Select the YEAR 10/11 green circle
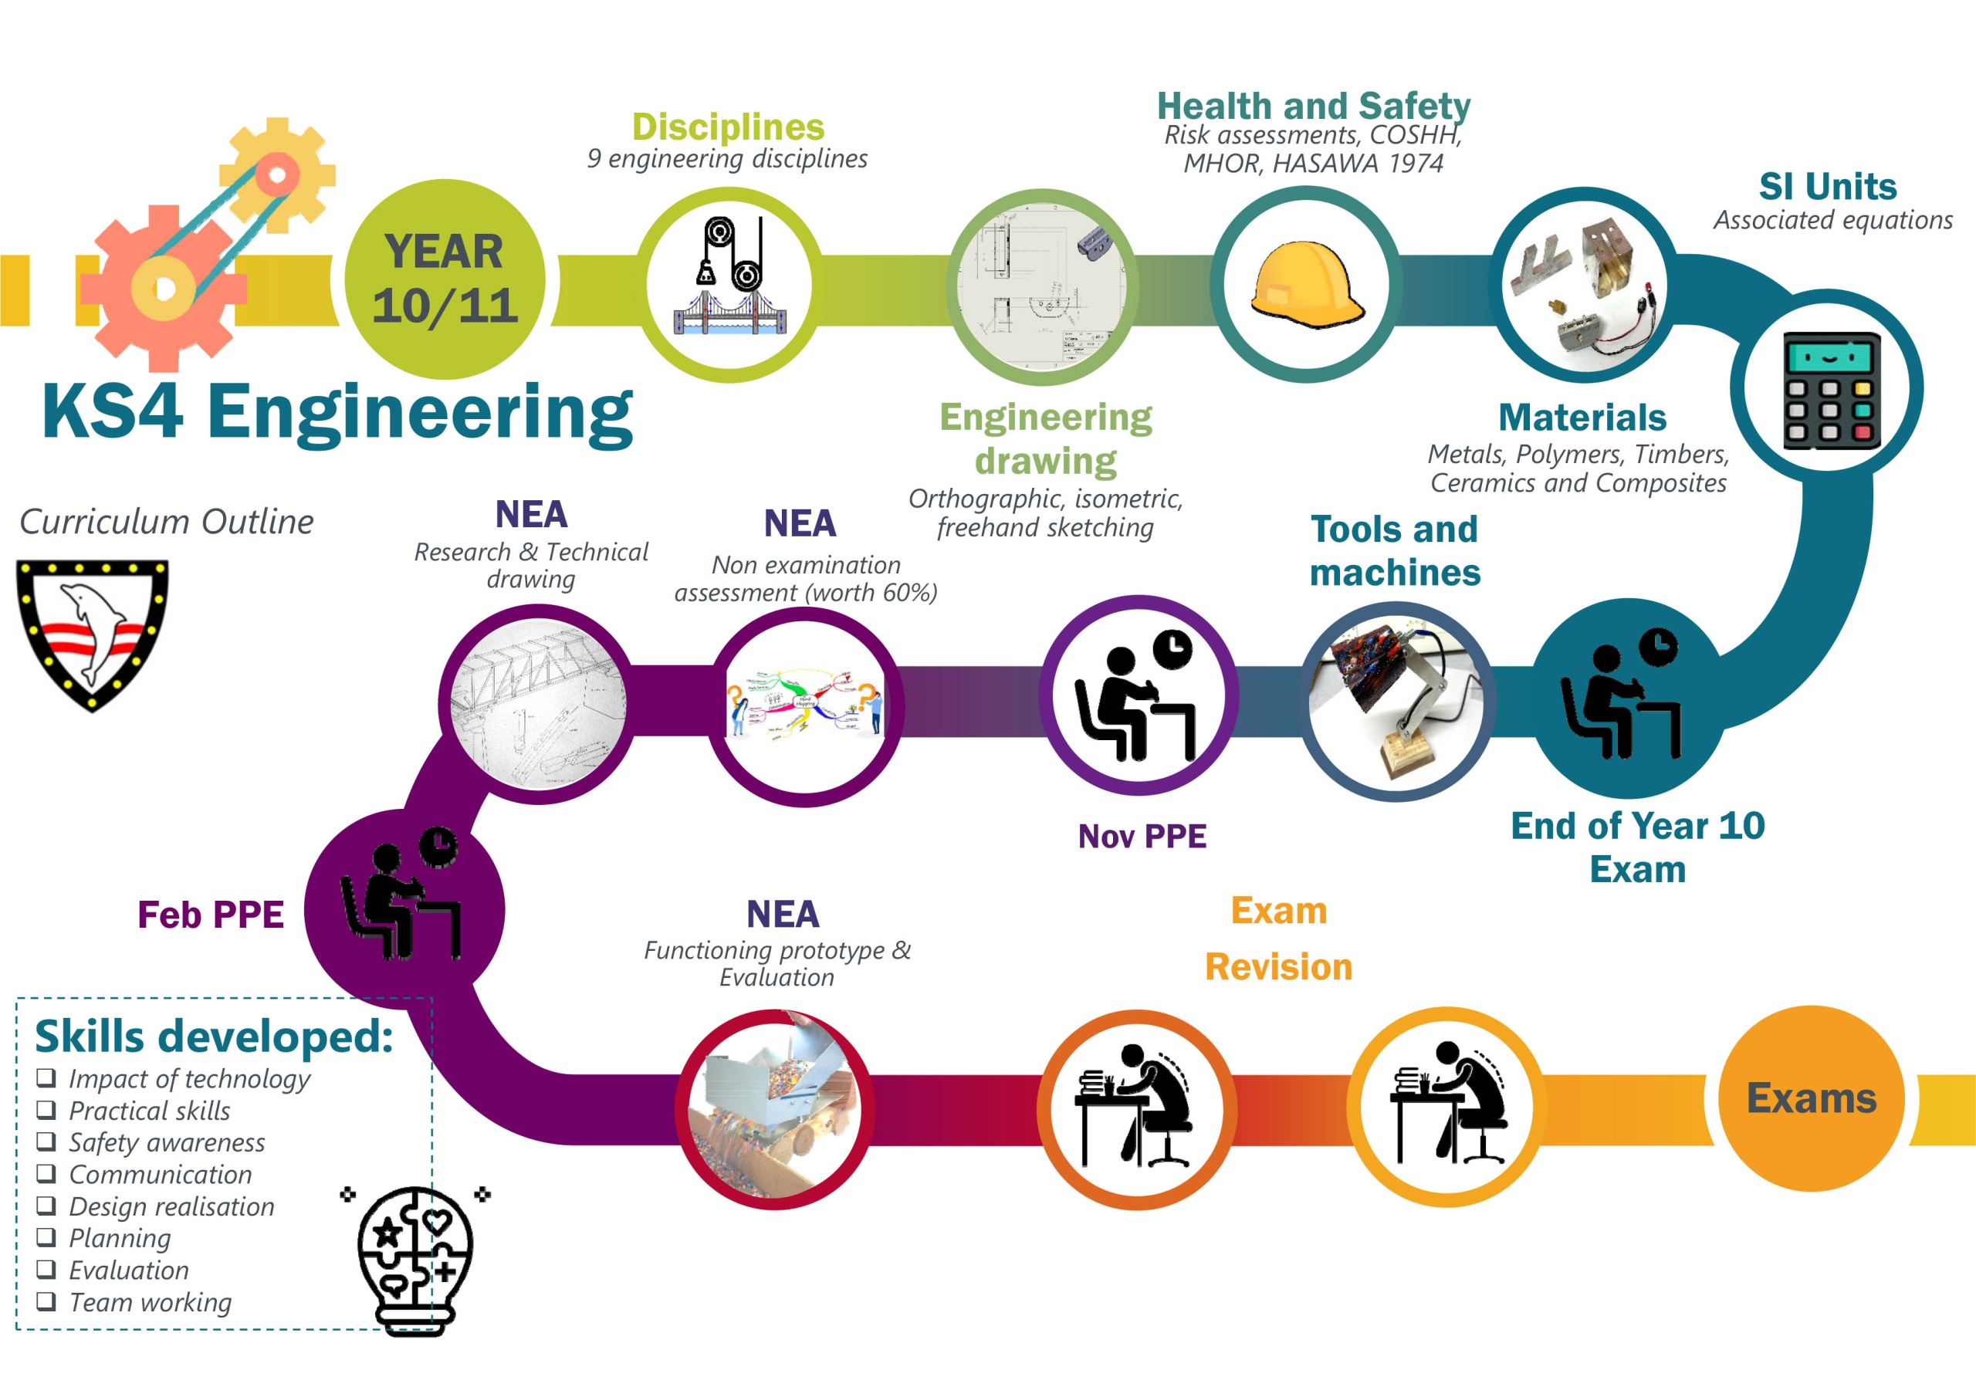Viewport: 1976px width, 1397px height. click(445, 279)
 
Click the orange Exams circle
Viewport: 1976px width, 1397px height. click(1811, 1098)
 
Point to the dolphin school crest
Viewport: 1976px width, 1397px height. click(92, 635)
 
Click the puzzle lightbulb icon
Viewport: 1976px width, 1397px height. click(416, 1258)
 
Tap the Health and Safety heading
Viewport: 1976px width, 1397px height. click(1313, 107)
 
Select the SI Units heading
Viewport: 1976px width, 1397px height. click(1828, 187)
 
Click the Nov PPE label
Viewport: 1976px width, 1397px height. click(1142, 836)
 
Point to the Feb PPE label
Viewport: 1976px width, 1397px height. click(211, 914)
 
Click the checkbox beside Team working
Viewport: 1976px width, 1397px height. click(46, 1301)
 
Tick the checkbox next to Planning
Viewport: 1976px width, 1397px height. click(46, 1237)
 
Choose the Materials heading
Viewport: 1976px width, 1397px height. click(1582, 418)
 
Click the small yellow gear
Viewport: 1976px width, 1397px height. click(277, 176)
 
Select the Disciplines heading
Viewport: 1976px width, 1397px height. click(728, 127)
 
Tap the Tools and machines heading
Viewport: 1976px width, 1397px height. click(1394, 551)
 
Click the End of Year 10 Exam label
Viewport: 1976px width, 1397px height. click(1638, 847)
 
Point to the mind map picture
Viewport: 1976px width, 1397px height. click(806, 704)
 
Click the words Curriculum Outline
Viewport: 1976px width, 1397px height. click(167, 522)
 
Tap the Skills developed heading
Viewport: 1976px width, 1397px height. click(214, 1037)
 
